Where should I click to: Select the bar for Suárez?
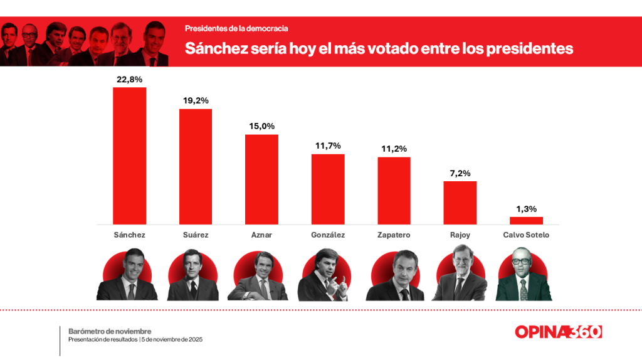coord(196,166)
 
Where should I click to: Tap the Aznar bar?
coord(261,179)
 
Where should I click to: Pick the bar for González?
coord(328,189)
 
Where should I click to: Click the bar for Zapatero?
coord(394,191)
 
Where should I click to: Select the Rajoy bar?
coord(460,203)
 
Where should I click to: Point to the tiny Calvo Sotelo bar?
coord(526,221)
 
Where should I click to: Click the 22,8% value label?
coord(129,80)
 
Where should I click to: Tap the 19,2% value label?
coord(196,100)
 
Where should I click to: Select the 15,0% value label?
coord(261,126)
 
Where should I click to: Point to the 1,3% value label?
coord(526,209)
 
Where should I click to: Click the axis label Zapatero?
coord(394,235)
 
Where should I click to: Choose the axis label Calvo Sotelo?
coord(526,235)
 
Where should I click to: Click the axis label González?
coord(328,235)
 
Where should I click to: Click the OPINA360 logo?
coord(558,332)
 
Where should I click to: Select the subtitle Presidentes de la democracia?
coord(236,29)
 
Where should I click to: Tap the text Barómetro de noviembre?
coord(110,331)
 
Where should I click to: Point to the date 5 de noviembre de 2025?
coord(173,339)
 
